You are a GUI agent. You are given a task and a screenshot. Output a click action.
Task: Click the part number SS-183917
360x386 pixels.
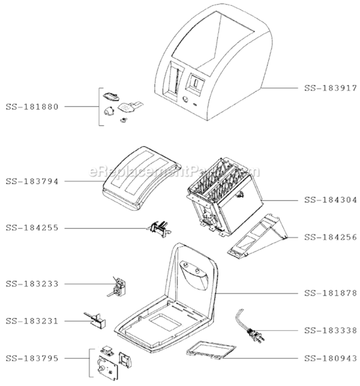tap(331, 88)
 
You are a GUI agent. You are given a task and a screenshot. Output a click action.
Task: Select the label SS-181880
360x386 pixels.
tap(32, 107)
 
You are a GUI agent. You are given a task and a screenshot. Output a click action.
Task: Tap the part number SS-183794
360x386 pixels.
tap(32, 182)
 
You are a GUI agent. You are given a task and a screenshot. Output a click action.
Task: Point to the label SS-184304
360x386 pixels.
tap(331, 200)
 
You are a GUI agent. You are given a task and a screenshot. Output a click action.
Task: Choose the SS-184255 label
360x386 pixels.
tap(32, 228)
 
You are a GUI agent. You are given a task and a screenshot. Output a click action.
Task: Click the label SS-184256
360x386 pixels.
tap(331, 237)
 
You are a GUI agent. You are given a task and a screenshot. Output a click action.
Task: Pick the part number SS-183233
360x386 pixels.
tap(32, 284)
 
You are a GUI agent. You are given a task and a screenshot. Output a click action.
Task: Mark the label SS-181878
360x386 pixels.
tap(331, 293)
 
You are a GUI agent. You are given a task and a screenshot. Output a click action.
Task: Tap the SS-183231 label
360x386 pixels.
tap(32, 321)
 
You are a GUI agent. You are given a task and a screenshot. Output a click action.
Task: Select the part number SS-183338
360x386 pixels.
tap(331, 330)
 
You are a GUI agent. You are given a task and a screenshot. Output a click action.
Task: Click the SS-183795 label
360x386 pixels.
tap(32, 358)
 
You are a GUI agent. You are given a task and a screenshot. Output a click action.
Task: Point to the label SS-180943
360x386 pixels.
tap(331, 358)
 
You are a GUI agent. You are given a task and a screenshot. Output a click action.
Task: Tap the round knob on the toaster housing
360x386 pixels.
tap(185, 100)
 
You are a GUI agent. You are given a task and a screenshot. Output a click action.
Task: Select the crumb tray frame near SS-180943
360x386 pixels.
tap(211, 350)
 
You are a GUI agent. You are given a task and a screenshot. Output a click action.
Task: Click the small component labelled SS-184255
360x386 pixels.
tap(160, 229)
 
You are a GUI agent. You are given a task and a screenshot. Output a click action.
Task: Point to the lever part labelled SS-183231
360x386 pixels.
tap(96, 321)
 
